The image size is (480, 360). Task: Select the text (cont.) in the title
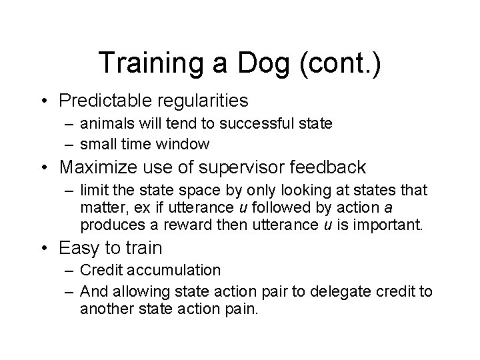tap(341, 63)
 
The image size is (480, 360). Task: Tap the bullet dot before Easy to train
tap(45, 249)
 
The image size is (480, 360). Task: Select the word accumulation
tap(180, 269)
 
